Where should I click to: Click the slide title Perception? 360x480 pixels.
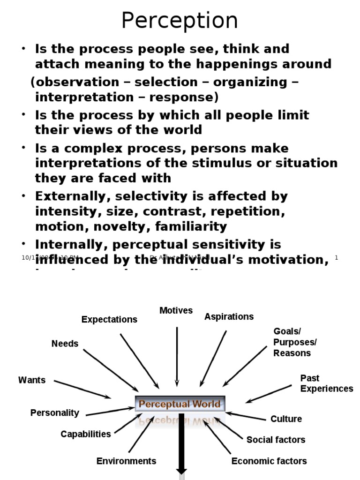(180, 21)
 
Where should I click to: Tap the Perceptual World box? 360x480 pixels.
(180, 404)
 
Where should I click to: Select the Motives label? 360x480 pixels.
(176, 310)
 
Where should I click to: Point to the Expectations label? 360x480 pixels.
(109, 319)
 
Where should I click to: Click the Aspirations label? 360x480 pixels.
(229, 316)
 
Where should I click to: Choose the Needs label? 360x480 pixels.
(65, 344)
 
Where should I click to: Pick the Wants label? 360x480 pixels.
(32, 380)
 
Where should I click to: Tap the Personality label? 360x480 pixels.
(55, 413)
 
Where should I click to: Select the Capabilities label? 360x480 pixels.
(86, 434)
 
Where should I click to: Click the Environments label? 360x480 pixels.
(126, 461)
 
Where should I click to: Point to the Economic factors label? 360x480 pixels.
(269, 461)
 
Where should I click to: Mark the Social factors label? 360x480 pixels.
(276, 440)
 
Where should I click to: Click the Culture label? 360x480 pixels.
(286, 419)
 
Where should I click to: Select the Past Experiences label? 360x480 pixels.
(327, 383)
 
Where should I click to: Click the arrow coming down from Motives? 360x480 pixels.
(177, 356)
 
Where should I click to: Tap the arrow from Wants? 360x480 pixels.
(82, 389)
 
